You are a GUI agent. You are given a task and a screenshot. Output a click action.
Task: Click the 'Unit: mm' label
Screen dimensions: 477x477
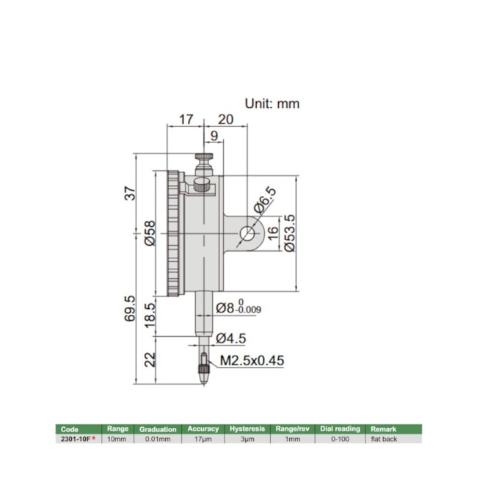pyautogui.click(x=272, y=104)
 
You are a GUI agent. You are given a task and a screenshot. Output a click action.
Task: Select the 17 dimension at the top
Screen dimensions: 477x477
pyautogui.click(x=186, y=118)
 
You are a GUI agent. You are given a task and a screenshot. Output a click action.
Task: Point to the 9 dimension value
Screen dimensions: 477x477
pyautogui.click(x=214, y=136)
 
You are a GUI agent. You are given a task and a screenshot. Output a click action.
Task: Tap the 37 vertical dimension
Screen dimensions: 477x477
pyautogui.click(x=130, y=194)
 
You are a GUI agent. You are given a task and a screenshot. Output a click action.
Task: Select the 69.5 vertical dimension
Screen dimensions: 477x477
pyautogui.click(x=130, y=308)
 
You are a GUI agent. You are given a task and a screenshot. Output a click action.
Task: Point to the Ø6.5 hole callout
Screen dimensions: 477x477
pyautogui.click(x=265, y=200)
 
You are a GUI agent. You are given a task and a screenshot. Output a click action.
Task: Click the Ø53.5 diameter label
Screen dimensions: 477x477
pyautogui.click(x=288, y=233)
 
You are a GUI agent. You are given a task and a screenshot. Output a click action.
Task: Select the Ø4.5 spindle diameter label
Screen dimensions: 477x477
pyautogui.click(x=232, y=338)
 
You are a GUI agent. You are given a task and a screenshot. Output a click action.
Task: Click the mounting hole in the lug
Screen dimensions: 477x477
pyautogui.click(x=247, y=234)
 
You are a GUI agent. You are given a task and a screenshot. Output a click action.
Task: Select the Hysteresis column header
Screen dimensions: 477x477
pyautogui.click(x=247, y=429)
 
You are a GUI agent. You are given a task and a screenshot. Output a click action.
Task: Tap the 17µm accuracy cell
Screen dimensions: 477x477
pyautogui.click(x=203, y=438)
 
